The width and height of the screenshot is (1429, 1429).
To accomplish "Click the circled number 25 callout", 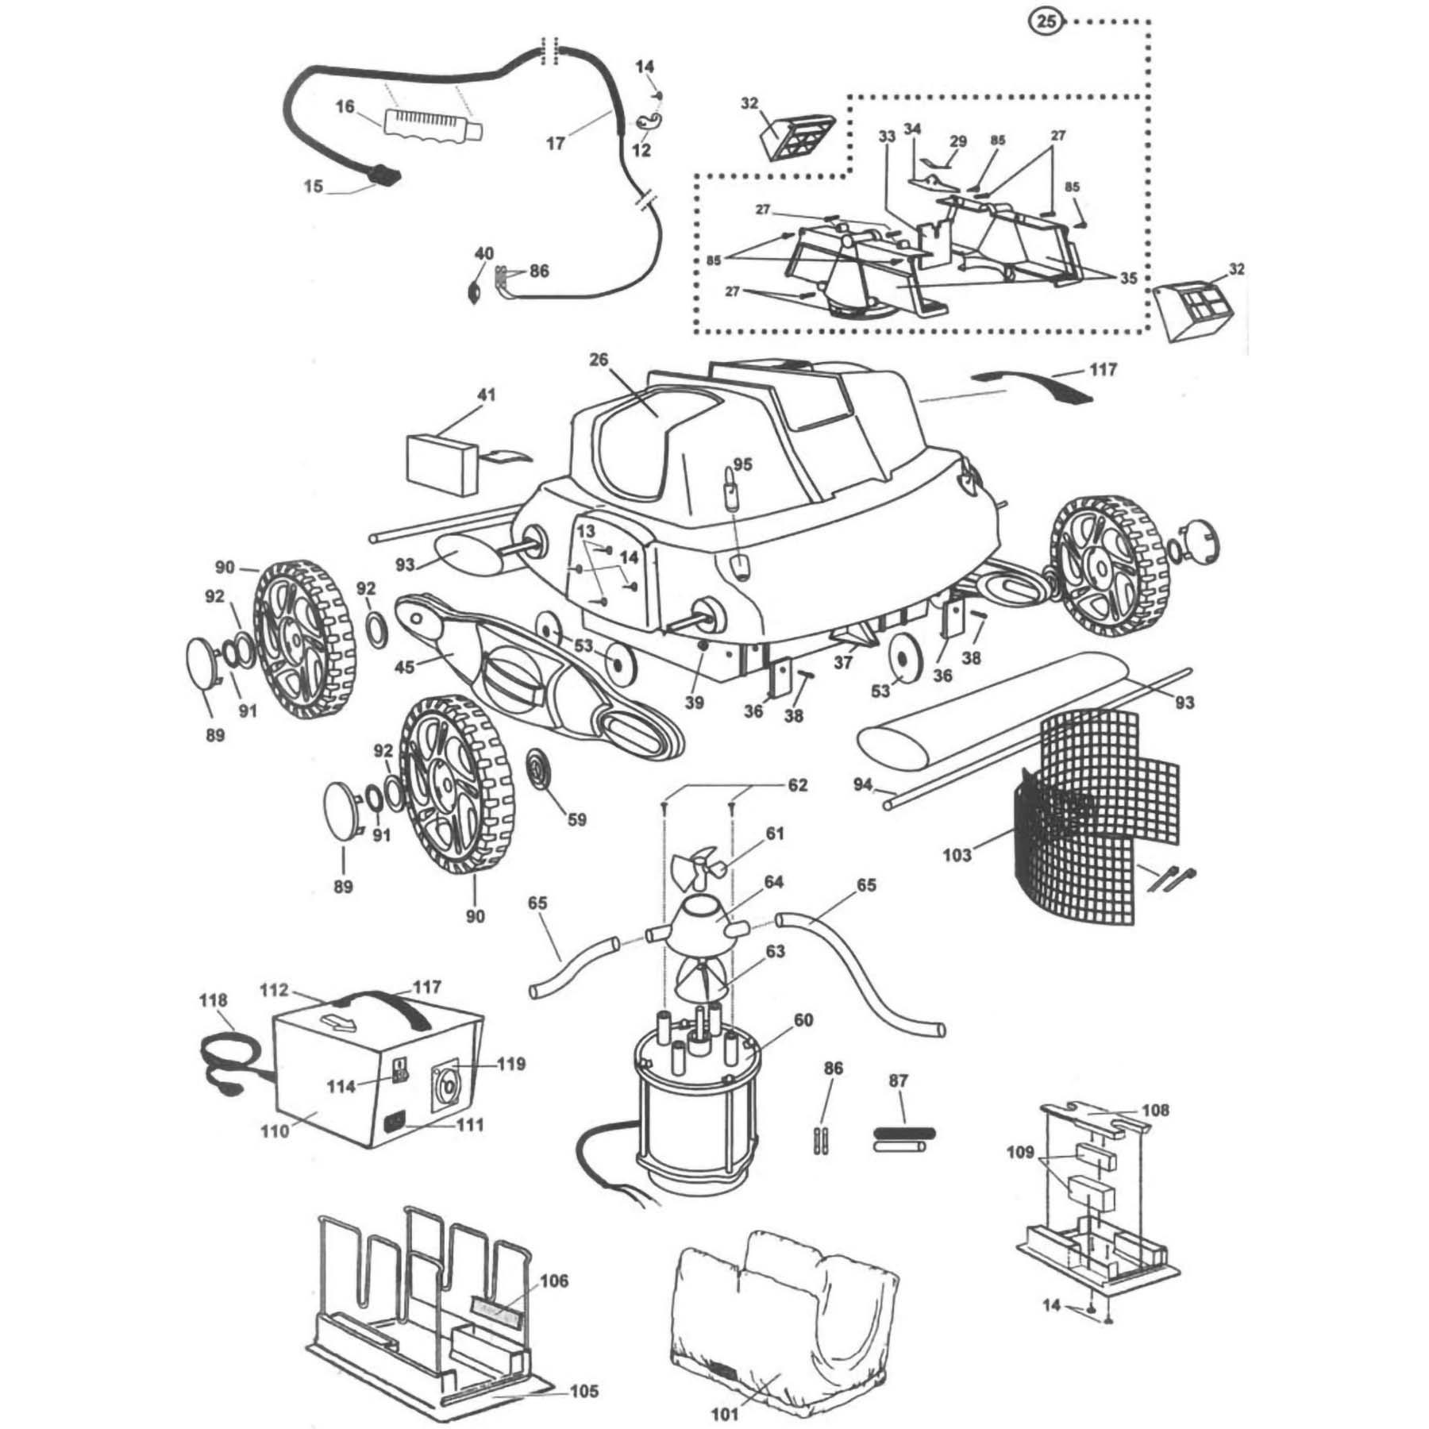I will point(1048,21).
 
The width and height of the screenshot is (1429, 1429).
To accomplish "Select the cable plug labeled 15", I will point(383,174).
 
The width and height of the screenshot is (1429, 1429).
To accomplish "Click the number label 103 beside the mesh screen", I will point(957,855).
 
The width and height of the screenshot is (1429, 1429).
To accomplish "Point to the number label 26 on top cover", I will point(598,360).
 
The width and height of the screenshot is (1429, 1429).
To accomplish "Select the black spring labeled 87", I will point(905,1132).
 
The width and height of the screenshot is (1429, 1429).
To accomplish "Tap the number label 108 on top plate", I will point(1155,1110).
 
